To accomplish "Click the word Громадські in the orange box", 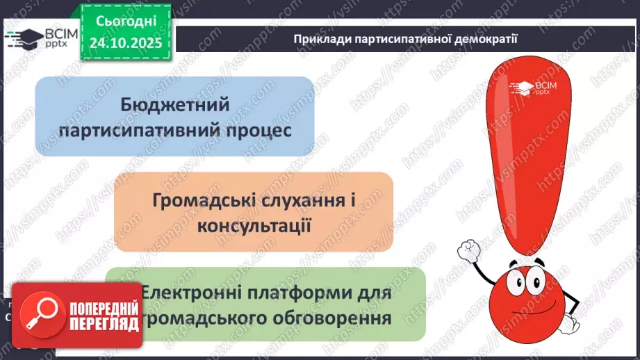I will pos(204,200).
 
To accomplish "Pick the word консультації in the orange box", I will pos(254,226).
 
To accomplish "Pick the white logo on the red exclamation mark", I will pos(531,89).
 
